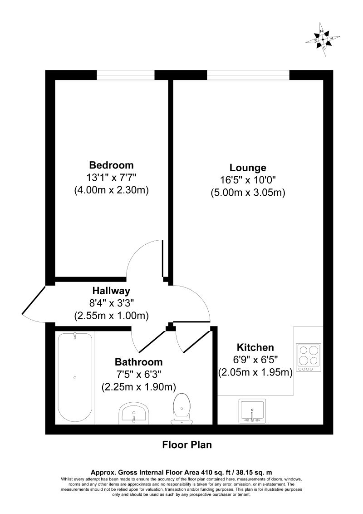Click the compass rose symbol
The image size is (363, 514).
(x=323, y=39)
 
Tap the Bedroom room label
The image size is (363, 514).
(x=112, y=165)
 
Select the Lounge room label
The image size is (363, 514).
(x=248, y=167)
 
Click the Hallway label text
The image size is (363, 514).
(x=111, y=291)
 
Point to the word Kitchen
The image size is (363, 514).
(x=255, y=348)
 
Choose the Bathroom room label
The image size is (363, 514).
(x=138, y=362)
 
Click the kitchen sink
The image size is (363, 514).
(x=252, y=411)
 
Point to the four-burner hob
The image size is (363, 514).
(x=309, y=356)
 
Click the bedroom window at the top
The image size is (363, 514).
(x=126, y=75)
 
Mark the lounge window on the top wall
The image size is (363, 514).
(x=248, y=75)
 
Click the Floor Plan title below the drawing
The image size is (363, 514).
(x=187, y=445)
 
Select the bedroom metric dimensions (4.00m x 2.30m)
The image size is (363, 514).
(x=112, y=190)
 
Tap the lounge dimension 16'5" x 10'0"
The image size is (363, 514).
(x=248, y=180)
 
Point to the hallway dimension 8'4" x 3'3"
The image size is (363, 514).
(x=112, y=303)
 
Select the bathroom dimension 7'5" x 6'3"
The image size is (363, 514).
(x=138, y=375)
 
